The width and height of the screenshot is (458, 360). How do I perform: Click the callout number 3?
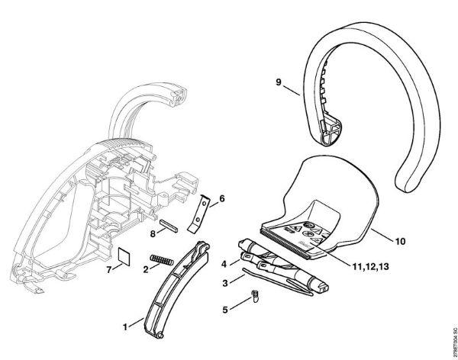click(x=224, y=283)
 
